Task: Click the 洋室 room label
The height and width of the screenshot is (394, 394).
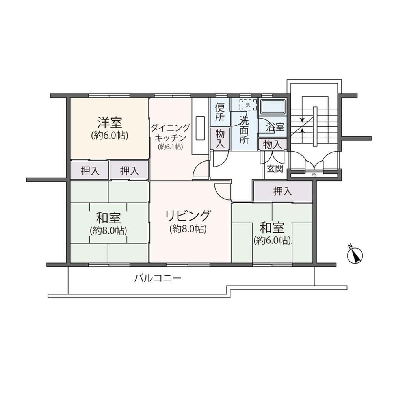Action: coord(110,123)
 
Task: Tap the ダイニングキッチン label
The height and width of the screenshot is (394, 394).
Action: coord(170,133)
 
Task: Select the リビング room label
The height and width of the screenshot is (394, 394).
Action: coord(188,216)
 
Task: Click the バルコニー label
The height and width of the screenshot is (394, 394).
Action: coord(158,278)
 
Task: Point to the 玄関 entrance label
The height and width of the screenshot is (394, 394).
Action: coord(275,169)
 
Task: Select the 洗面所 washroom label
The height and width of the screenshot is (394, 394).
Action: coord(243,130)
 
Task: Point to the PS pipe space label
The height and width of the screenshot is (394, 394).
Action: coord(314,175)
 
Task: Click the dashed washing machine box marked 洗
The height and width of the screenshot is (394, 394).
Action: coord(248,105)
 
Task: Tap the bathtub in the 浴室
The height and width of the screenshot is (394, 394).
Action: coord(273,107)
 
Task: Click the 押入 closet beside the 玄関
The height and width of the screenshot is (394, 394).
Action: coord(282,192)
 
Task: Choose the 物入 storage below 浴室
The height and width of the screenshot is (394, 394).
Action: coord(272,145)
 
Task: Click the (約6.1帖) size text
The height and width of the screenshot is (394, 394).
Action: coord(170,147)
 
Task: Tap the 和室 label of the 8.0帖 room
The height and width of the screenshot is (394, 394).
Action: coord(108,218)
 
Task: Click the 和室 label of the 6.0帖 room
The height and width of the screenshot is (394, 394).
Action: coord(272,228)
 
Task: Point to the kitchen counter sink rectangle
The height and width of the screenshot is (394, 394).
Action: coord(200,128)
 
